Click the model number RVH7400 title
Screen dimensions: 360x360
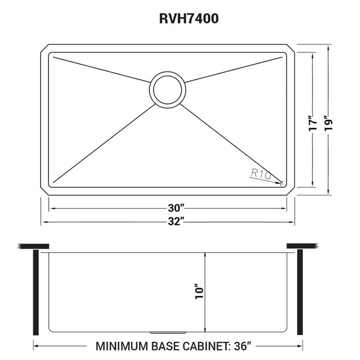[x=179, y=20]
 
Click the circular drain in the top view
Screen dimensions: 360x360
[x=167, y=89]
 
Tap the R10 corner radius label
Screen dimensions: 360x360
[x=261, y=174]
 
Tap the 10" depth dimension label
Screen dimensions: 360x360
[x=200, y=292]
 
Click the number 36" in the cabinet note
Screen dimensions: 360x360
[x=250, y=345]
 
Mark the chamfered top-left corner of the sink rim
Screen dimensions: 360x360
[x=45, y=49]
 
